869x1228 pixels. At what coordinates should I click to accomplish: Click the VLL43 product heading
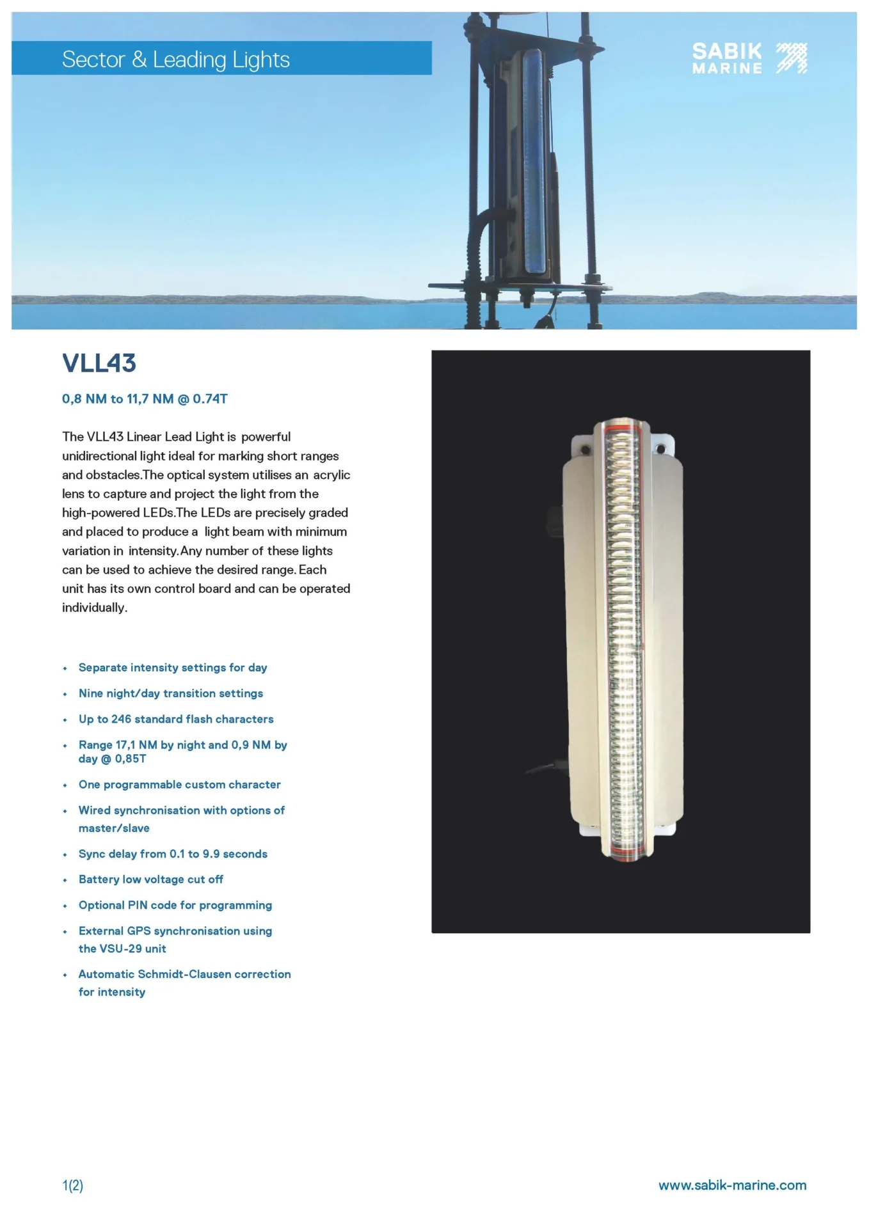tap(99, 363)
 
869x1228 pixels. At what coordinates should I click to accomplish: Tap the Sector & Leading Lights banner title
tap(176, 59)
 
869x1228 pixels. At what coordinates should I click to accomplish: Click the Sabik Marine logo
tap(749, 59)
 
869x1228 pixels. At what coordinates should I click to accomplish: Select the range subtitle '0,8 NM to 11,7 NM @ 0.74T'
tap(145, 399)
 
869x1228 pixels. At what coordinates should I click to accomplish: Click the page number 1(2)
tap(73, 1185)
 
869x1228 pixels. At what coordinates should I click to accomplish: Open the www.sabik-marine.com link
tap(732, 1185)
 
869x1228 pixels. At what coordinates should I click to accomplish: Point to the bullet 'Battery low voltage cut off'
tap(150, 879)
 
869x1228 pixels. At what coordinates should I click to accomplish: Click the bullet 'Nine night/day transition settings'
tap(170, 693)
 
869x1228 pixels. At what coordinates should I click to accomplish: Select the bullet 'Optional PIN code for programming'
tap(175, 905)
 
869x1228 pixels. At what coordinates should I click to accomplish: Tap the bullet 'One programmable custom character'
tap(179, 784)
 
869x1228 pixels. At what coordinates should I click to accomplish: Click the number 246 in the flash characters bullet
tap(121, 719)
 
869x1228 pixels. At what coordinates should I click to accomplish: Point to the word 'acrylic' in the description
tap(331, 475)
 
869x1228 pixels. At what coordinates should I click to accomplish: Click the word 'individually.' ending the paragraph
tap(95, 608)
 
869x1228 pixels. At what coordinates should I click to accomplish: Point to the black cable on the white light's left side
tap(544, 769)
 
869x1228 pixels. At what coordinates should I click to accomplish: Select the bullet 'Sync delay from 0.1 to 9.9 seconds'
tap(173, 854)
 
